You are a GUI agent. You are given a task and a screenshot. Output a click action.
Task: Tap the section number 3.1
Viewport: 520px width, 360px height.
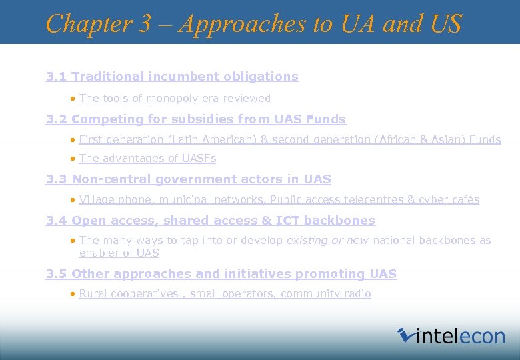point(57,77)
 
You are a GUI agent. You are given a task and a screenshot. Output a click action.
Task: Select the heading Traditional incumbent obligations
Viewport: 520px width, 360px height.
point(185,77)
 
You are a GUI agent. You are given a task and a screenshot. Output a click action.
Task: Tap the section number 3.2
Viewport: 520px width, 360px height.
point(57,119)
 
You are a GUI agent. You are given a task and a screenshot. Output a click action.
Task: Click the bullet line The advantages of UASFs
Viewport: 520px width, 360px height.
point(147,159)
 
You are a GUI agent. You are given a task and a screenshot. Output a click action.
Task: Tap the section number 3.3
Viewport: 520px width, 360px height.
point(57,179)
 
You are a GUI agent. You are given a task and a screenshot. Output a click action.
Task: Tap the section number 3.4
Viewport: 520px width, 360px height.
point(57,221)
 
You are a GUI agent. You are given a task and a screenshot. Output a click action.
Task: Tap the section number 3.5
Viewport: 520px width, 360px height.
point(57,274)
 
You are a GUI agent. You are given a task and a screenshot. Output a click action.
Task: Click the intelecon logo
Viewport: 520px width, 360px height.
point(451,335)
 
